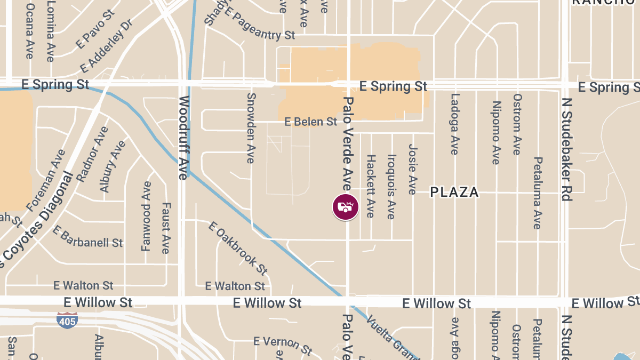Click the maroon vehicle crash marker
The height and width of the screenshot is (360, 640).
pos(346,207)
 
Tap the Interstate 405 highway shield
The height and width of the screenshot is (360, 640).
pos(67,320)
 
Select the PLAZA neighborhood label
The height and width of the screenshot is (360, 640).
pos(454,193)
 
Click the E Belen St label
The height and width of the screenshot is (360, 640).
pos(311,122)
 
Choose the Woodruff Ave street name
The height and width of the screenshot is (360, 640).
pos(184,138)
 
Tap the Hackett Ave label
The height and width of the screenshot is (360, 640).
pos(371,186)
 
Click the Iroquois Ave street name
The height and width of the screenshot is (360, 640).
pos(391,187)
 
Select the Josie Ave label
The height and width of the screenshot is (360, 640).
pos(412,169)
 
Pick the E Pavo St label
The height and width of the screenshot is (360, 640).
pos(95,29)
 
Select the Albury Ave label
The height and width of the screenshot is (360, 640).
pos(113,166)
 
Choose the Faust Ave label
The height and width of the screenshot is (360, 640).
pos(165,228)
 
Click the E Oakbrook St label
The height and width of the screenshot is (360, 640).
pos(238,248)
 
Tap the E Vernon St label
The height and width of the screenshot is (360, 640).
pos(283,346)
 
